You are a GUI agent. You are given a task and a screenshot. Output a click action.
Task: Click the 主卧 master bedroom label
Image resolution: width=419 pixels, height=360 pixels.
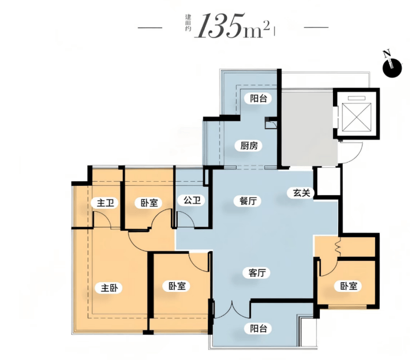point(109,288)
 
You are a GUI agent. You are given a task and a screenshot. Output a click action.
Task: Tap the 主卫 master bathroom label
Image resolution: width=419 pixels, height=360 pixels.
point(105,203)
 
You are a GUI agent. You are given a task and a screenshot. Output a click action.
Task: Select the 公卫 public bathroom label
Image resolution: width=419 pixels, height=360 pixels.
point(192,200)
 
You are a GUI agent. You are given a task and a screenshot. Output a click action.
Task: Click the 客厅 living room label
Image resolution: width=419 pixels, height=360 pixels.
point(257,273)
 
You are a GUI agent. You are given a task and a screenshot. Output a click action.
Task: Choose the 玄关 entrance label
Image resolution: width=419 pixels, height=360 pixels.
point(301,193)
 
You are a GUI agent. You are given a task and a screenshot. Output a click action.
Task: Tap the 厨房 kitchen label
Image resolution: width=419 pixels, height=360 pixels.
point(249,146)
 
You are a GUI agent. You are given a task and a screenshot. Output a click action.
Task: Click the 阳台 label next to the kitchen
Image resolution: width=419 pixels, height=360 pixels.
point(259,99)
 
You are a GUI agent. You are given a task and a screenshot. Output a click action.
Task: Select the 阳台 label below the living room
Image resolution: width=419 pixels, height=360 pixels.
point(259,328)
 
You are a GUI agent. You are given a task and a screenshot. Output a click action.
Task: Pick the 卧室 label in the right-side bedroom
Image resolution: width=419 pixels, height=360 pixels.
point(349,286)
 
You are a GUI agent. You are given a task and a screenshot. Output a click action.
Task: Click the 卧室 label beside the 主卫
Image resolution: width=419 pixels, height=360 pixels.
point(149,203)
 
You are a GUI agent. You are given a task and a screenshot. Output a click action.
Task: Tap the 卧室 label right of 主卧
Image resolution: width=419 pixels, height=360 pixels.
point(177,286)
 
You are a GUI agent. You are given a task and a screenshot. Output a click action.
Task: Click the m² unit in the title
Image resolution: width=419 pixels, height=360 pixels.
point(256,31)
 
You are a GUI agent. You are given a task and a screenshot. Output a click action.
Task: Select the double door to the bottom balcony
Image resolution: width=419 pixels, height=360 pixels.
point(232,310)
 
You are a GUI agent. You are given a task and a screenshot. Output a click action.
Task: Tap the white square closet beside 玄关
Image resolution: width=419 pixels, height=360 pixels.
point(328,182)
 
